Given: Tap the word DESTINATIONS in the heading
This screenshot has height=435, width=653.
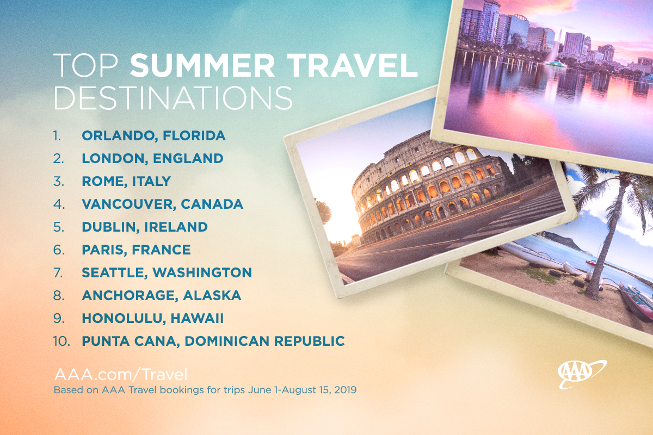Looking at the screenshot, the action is tap(173, 98).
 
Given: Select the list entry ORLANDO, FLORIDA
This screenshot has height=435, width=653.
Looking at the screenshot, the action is tap(153, 136).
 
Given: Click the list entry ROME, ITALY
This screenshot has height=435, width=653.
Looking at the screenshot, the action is tap(126, 182).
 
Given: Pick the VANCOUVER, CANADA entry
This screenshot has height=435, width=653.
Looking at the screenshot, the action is tap(162, 204).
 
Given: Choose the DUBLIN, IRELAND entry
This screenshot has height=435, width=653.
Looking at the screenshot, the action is tap(145, 227).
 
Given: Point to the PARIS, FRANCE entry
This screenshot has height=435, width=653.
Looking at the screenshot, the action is tap(136, 250).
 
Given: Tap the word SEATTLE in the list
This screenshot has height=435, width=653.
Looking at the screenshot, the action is tap(113, 273).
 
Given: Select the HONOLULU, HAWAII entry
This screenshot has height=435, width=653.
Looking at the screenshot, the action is tap(153, 318).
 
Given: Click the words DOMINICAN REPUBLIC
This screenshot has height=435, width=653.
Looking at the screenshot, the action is tap(264, 341).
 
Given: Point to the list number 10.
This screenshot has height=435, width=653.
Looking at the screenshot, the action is tap(61, 341).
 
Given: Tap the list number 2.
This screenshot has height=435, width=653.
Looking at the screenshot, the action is tap(58, 159).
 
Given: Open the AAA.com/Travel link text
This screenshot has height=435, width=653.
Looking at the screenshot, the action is tap(121, 375).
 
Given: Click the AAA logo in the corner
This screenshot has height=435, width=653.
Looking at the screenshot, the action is tap(582, 374).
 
